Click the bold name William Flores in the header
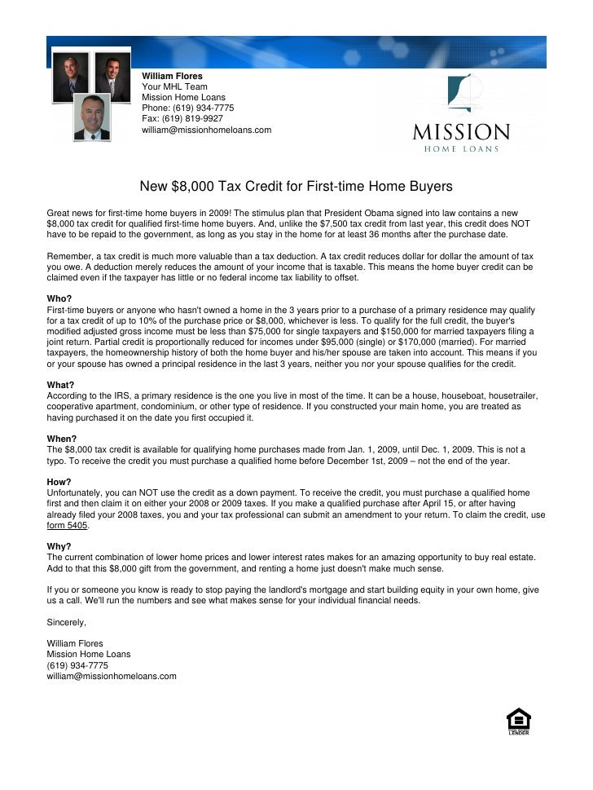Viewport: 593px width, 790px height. pos(173,76)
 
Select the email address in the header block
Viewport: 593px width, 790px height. pos(207,130)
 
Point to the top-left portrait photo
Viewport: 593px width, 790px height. pos(71,76)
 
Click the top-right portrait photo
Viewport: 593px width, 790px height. pos(112,76)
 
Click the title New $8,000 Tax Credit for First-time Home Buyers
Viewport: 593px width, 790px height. pos(296,187)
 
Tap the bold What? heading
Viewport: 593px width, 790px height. pos(61,385)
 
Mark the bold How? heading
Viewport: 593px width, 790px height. pos(59,482)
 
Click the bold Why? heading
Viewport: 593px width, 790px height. pos(59,546)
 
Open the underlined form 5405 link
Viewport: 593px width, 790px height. pos(68,526)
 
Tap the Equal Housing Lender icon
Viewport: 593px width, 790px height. pos(519,722)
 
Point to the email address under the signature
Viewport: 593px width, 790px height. pos(112,676)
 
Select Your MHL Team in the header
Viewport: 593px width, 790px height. pos(174,86)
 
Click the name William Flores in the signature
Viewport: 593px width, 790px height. pos(76,643)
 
